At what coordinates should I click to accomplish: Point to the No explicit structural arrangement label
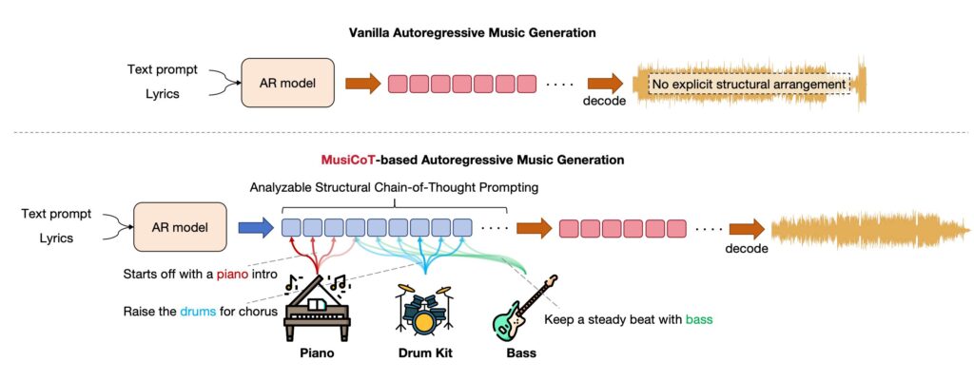(748, 85)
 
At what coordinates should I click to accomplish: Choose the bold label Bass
(520, 353)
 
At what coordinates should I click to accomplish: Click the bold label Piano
(317, 353)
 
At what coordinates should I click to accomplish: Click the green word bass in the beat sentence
(699, 320)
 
